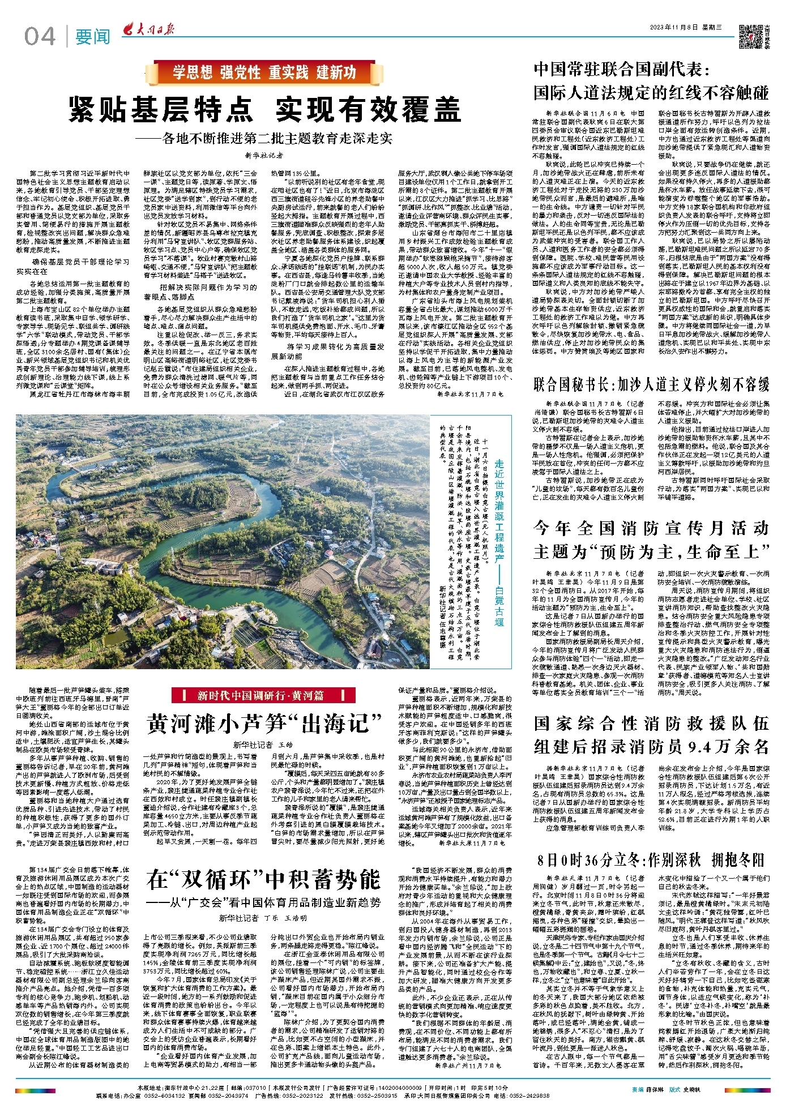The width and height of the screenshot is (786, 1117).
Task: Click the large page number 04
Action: (40, 37)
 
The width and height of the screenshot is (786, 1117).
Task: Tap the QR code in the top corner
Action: (750, 36)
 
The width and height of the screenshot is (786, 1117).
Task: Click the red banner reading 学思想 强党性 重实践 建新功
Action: (264, 72)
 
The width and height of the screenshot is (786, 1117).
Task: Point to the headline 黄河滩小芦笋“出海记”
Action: (264, 723)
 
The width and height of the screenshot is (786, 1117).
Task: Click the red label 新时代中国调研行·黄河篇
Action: (263, 695)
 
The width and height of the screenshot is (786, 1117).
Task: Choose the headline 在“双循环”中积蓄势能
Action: (264, 879)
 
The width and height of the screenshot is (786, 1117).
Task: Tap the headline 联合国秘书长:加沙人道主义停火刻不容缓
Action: (651, 384)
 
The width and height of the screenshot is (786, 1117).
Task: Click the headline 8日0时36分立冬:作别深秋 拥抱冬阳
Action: (651, 860)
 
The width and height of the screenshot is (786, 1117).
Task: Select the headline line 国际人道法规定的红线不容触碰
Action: (651, 92)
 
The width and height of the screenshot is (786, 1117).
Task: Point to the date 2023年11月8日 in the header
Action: (676, 27)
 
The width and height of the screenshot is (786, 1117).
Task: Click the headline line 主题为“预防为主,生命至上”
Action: (651, 551)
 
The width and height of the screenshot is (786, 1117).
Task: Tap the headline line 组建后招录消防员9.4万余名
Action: (651, 746)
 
